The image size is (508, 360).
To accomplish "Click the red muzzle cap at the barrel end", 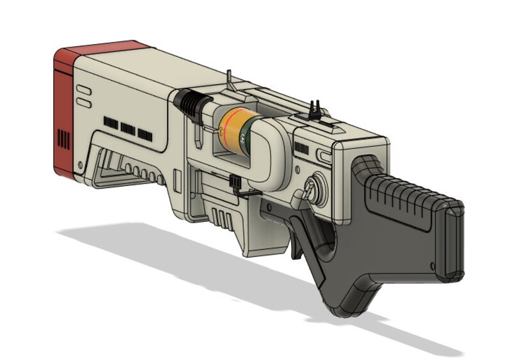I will pyautogui.click(x=64, y=109).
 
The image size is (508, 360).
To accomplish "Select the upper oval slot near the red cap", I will pyautogui.click(x=84, y=90).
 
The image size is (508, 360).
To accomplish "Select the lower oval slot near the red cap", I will pyautogui.click(x=84, y=102).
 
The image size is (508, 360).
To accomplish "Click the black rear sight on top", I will pyautogui.click(x=315, y=109).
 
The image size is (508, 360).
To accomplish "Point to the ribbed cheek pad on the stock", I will pyautogui.click(x=409, y=192).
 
